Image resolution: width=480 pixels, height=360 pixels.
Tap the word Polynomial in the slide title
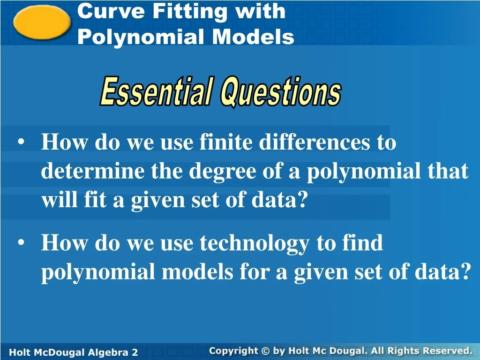pos(141,37)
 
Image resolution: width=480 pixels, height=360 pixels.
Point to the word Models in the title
pos(253,37)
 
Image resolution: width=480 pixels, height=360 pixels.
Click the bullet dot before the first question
pos(22,142)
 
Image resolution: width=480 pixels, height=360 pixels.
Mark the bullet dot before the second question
pos(22,244)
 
